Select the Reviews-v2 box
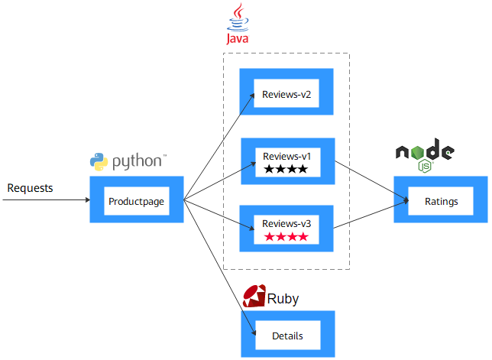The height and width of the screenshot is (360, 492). pyautogui.click(x=286, y=95)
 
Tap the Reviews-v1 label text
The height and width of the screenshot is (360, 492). pyautogui.click(x=286, y=155)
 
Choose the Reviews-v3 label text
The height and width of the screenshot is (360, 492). pyautogui.click(x=286, y=223)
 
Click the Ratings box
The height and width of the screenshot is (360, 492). pyautogui.click(x=442, y=201)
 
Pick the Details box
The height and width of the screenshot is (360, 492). pyautogui.click(x=287, y=335)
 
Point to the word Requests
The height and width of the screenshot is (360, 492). pyautogui.click(x=30, y=188)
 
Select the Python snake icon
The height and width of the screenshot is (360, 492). pyautogui.click(x=98, y=161)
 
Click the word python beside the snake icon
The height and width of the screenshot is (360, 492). pyautogui.click(x=138, y=162)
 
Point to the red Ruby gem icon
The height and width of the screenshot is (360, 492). pyautogui.click(x=253, y=297)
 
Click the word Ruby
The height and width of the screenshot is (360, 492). pyautogui.click(x=283, y=298)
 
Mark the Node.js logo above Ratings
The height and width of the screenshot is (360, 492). pyautogui.click(x=425, y=155)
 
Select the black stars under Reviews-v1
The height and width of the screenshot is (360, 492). pyautogui.click(x=286, y=169)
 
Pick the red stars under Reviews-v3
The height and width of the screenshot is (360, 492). pyautogui.click(x=286, y=237)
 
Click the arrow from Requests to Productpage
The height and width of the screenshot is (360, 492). pyautogui.click(x=46, y=200)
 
